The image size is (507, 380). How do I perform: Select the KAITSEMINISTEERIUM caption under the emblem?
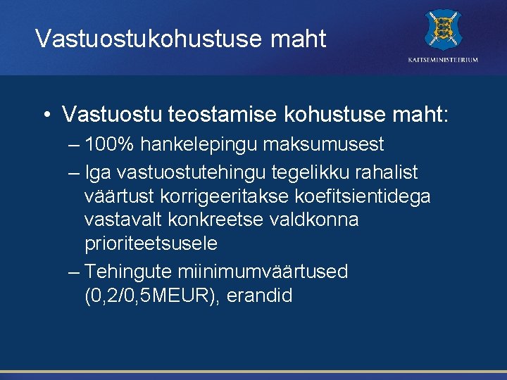coord(443,60)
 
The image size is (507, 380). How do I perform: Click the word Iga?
coord(97,172)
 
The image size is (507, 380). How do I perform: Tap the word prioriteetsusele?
coord(151,244)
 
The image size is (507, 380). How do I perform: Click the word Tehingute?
coord(129,272)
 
